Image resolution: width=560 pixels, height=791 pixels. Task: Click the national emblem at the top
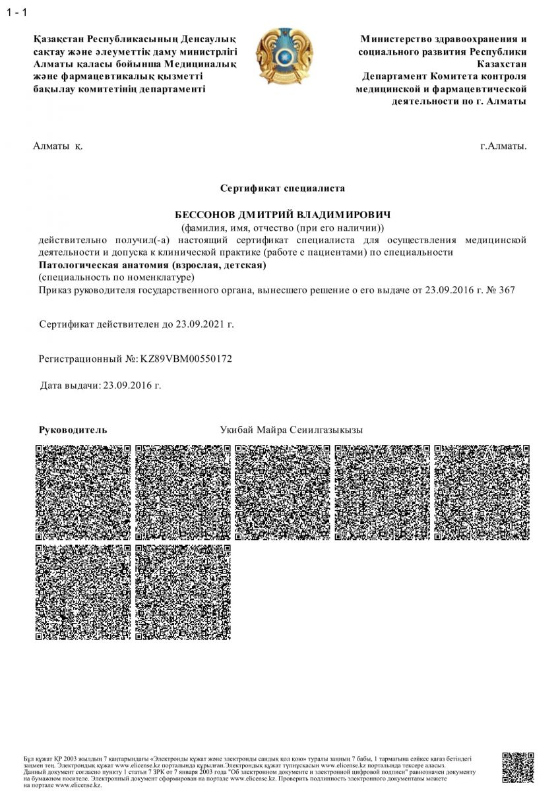coord(284,53)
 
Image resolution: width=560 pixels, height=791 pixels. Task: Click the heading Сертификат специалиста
coord(282,188)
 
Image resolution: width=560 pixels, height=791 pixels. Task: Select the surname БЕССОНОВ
coord(204,215)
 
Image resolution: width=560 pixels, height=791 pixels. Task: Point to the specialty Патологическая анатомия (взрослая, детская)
coord(152,265)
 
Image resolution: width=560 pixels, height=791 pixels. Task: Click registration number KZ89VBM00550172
coord(187,359)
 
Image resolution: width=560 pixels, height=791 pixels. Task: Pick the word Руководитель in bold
coord(73,430)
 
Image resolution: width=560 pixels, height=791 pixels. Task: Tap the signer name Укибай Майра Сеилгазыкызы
coord(292,430)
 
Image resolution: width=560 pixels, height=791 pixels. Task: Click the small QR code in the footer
coord(518,769)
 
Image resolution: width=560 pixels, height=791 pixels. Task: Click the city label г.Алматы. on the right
coord(503,146)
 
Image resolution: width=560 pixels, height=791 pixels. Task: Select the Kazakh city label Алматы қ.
coord(58,146)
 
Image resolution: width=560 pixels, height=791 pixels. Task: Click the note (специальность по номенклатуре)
coord(117,277)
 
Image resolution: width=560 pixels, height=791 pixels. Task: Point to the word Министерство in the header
coord(400,40)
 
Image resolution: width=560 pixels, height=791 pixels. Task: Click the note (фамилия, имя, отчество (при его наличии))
coord(282,227)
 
